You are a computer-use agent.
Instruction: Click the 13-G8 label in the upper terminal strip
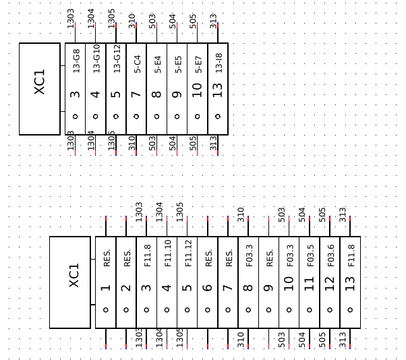76,61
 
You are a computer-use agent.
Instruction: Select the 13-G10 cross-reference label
96,59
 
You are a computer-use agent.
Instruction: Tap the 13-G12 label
117,59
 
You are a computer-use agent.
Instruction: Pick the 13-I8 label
219,63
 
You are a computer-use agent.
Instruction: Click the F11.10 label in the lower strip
167,253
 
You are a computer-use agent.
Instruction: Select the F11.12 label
187,253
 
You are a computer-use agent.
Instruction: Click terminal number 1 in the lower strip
106,288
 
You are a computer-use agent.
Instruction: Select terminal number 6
208,288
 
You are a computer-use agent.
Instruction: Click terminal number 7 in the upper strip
137,94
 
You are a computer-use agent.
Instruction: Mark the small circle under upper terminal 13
218,116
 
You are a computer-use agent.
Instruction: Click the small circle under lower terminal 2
126,310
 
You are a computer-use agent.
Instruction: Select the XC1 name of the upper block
40,82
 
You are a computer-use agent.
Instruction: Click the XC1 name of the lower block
74,275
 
